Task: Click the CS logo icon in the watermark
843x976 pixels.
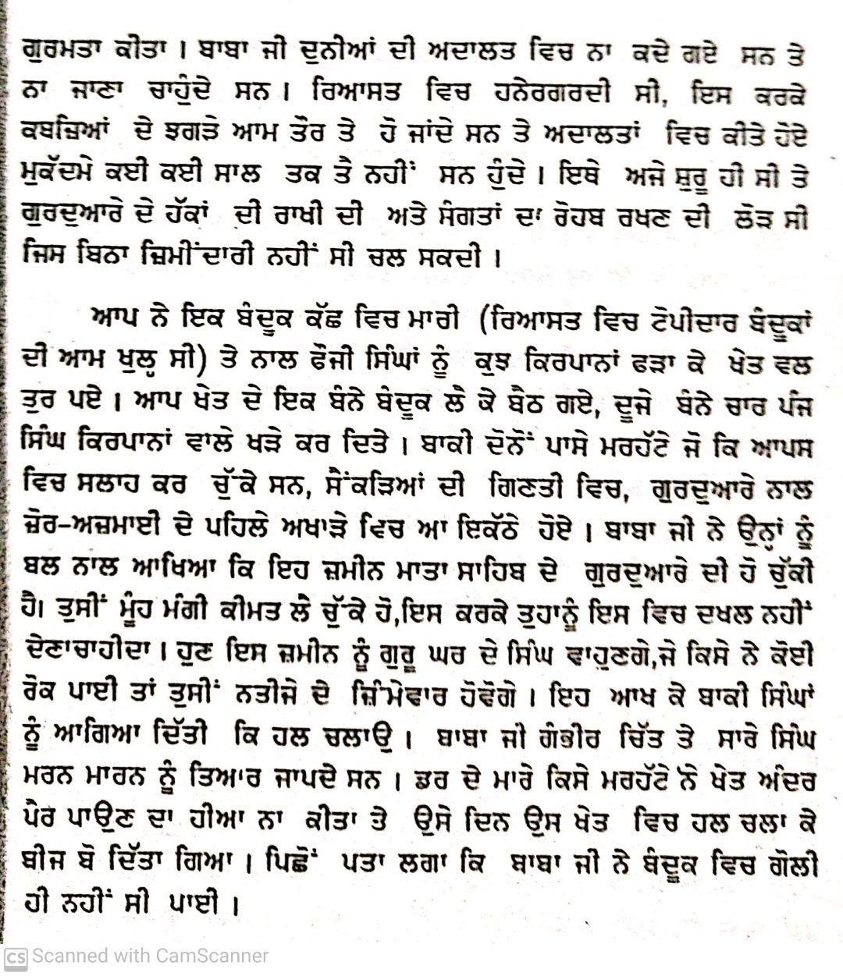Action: [16, 956]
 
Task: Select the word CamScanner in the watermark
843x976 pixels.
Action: [212, 956]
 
